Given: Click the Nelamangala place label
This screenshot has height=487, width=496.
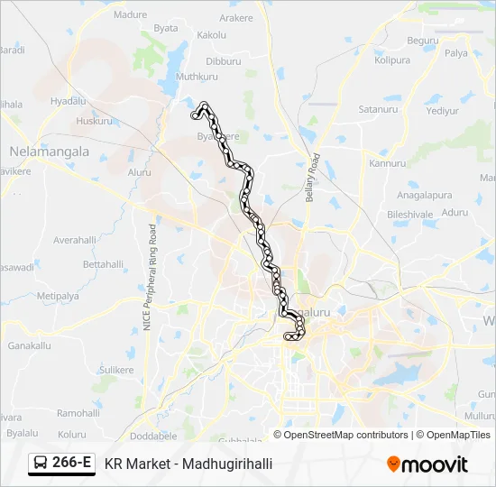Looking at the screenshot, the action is coord(49,152).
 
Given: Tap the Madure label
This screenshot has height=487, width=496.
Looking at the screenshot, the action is coord(130,15).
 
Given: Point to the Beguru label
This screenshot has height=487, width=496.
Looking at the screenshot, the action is coord(422,41).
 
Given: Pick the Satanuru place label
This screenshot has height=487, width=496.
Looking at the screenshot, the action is coord(378,109).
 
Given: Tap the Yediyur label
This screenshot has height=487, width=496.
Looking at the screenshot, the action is coord(443,111).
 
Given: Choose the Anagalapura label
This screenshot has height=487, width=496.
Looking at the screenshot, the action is coord(424,195).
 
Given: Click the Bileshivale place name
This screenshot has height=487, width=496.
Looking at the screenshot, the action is coord(410,215).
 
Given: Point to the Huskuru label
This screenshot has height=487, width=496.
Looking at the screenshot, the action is coord(95,121).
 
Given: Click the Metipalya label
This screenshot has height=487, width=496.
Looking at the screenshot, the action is coord(58,296).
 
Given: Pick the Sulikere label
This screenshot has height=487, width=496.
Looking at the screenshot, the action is coord(116,370).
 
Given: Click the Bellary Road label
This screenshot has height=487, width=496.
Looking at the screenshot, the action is coord(312,179).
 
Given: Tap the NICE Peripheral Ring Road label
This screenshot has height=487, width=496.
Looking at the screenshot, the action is coord(152,280).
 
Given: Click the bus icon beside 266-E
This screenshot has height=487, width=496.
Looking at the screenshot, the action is coord(41,464).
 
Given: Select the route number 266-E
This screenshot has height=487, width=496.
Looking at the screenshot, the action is coord(71,464).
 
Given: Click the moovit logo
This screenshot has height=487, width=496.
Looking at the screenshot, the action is coord(427,464).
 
